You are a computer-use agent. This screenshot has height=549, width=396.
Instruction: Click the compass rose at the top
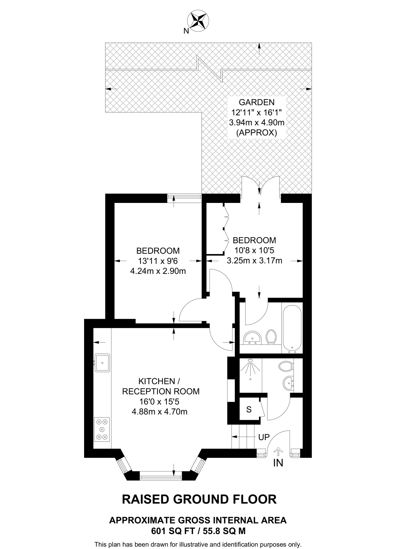tap(198, 20)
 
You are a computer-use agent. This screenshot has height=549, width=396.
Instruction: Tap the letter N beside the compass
tap(186, 31)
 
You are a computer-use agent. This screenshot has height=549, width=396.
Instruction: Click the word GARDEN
tap(257, 102)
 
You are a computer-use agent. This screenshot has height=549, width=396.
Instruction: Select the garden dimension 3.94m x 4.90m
tap(257, 123)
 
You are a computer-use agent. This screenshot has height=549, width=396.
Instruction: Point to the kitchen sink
tap(102, 363)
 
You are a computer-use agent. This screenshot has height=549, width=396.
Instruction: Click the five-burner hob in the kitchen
tap(102, 429)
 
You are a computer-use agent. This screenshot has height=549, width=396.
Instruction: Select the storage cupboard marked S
tap(249, 409)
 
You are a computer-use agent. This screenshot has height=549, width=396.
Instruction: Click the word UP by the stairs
tap(264, 437)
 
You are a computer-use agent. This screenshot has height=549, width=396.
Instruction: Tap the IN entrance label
tap(278, 463)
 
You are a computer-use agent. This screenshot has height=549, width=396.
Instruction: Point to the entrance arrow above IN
tap(278, 451)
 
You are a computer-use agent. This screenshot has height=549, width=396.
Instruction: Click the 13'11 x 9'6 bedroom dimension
tap(158, 261)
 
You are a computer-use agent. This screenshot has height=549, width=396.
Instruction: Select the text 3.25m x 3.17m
tap(254, 260)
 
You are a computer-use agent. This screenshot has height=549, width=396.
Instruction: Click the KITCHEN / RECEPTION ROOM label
tap(161, 386)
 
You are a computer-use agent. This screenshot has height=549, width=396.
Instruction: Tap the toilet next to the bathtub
tap(271, 337)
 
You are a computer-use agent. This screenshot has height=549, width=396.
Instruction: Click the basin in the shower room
tap(288, 383)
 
